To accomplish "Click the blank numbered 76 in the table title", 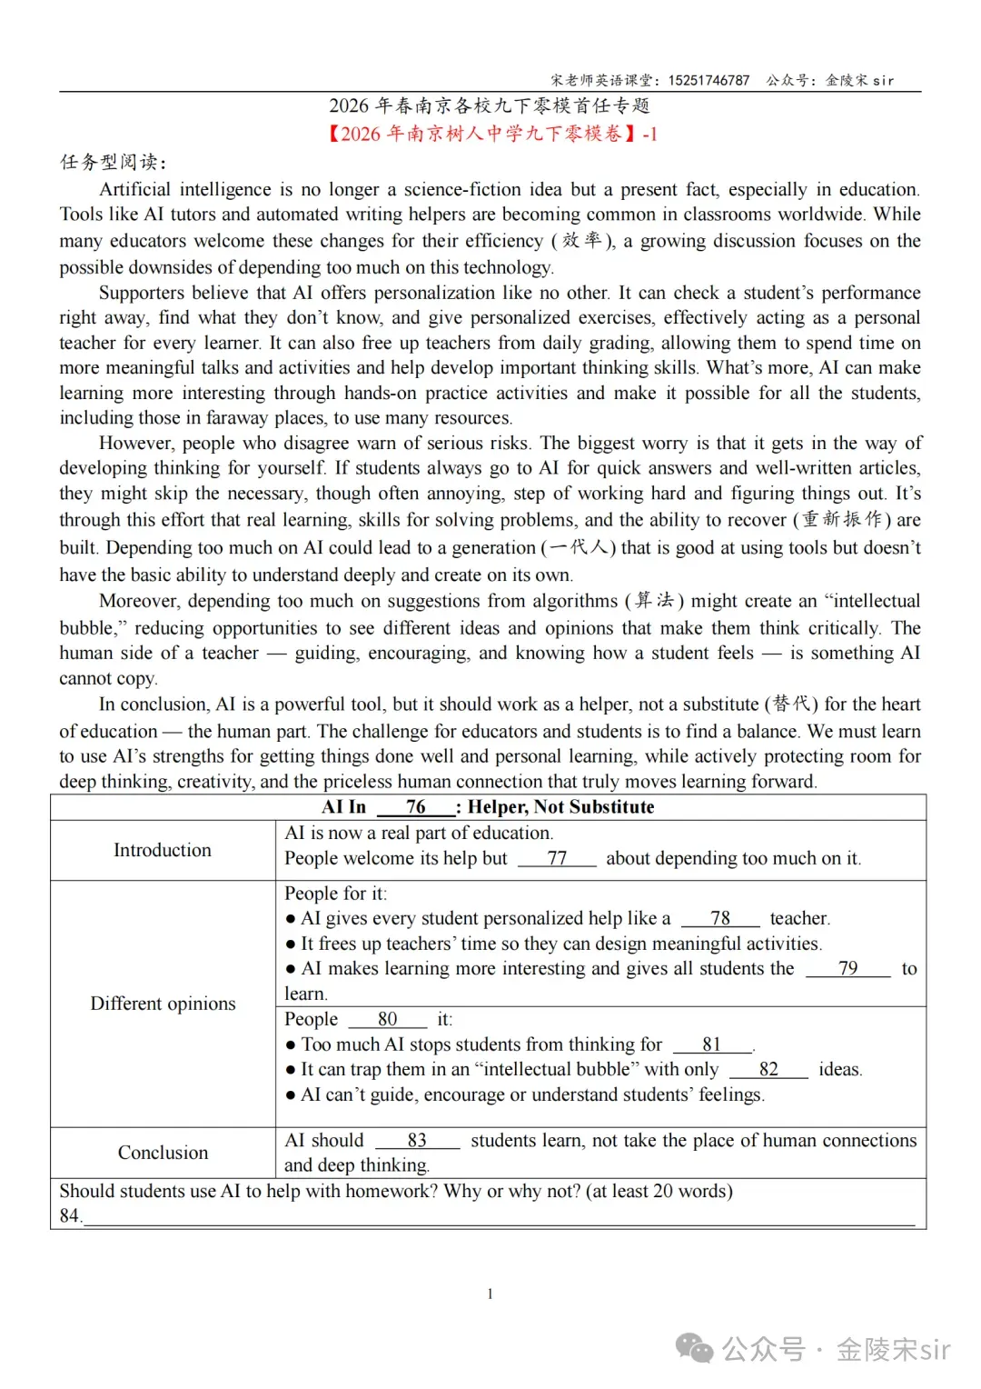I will tap(416, 807).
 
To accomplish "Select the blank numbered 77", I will tap(557, 858).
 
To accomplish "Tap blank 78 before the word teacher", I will tap(720, 918).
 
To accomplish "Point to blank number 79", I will tap(847, 968).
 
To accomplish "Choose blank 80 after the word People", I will tap(388, 1019).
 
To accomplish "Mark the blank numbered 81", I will tap(712, 1044).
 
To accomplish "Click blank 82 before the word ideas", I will tap(768, 1069).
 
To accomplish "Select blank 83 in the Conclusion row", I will tap(417, 1140).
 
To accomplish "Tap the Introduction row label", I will tap(163, 850).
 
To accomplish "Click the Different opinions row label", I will tap(163, 1004).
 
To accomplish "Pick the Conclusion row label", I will tap(163, 1153).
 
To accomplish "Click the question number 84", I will tap(69, 1215).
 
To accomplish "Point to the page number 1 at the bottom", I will tap(490, 1294).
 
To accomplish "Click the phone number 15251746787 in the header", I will tap(708, 80).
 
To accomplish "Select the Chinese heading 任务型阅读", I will tap(113, 162).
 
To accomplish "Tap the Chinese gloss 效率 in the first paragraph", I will tap(582, 240).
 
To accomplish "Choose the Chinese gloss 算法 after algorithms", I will tap(654, 600).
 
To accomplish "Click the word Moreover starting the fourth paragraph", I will tap(139, 601).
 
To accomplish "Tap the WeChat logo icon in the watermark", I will tap(696, 1349).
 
